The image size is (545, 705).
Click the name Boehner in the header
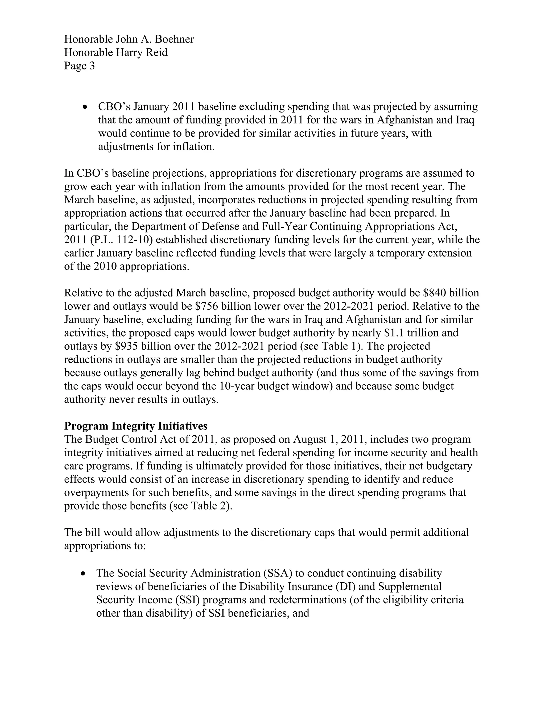pos(174,39)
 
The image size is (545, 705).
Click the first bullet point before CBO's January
pos(85,107)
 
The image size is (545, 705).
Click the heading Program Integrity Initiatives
pos(136,426)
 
